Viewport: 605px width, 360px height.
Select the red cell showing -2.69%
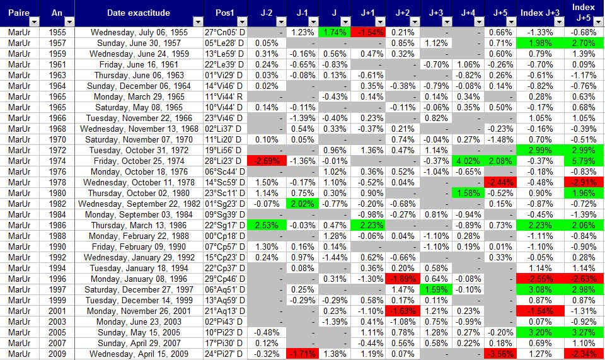click(267, 160)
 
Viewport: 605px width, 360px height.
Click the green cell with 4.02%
click(468, 160)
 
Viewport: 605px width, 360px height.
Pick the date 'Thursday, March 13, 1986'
click(139, 224)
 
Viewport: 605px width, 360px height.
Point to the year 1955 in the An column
click(56, 32)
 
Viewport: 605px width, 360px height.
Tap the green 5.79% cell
click(584, 160)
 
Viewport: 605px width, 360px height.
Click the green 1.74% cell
click(334, 32)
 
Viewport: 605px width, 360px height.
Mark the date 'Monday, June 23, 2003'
click(139, 321)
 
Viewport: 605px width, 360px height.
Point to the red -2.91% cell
click(584, 182)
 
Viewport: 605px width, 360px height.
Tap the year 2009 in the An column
click(56, 353)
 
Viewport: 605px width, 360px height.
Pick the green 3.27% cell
click(584, 332)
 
